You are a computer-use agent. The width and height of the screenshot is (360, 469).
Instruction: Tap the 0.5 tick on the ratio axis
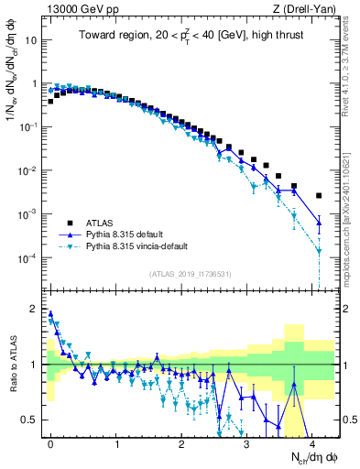click(x=33, y=420)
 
